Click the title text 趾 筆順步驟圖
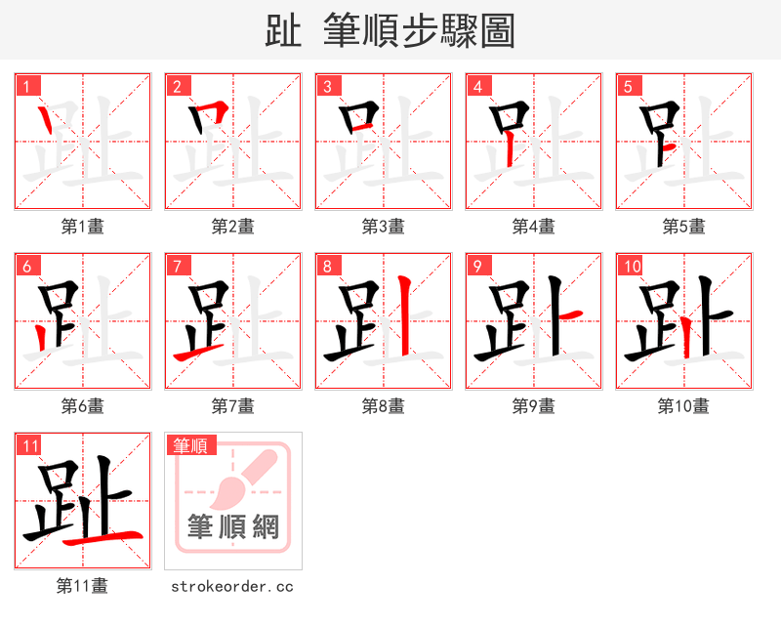coord(390,31)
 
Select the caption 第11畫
coord(83,586)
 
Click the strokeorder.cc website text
coord(232,586)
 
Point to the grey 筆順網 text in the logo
coord(233,527)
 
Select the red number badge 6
coord(28,266)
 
